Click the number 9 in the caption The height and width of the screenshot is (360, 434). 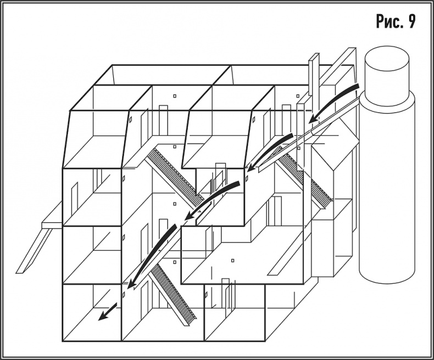click(x=411, y=21)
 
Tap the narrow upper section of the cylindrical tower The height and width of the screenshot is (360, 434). click(x=386, y=75)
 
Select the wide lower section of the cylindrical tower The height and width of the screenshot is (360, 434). click(x=387, y=188)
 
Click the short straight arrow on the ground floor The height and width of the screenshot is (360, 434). click(x=108, y=312)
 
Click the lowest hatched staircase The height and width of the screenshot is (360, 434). click(x=174, y=293)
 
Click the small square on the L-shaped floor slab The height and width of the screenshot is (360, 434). click(x=233, y=260)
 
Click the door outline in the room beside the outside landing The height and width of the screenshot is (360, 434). click(x=74, y=199)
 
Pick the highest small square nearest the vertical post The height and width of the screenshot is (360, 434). click(x=298, y=96)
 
